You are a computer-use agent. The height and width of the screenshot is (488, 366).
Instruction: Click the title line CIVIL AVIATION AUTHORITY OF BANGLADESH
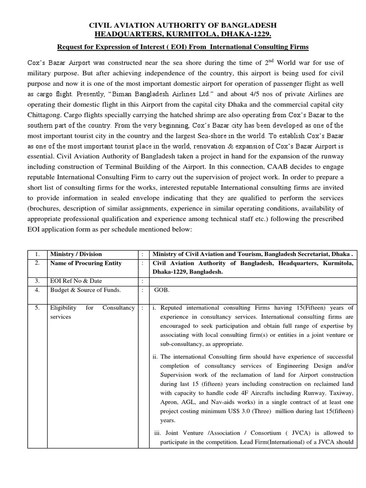183,25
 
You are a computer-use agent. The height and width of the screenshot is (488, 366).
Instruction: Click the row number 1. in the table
37,254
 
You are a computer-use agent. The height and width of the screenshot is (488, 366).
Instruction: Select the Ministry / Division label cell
76,254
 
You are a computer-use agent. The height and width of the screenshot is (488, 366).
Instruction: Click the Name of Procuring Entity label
86,263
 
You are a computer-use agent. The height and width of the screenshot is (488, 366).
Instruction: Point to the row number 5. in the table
37,308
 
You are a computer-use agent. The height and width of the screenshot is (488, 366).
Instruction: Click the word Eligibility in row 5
64,308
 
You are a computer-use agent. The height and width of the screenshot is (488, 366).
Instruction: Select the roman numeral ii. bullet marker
155,356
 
